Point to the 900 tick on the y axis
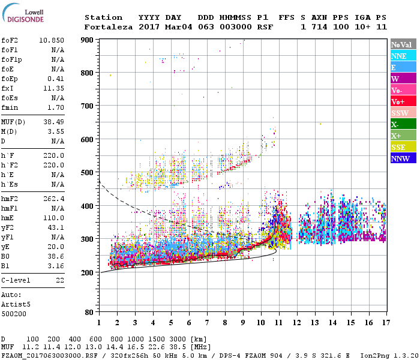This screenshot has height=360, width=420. click(x=88, y=40)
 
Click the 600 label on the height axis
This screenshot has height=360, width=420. click(x=88, y=139)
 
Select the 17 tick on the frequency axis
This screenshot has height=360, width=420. click(x=385, y=322)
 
